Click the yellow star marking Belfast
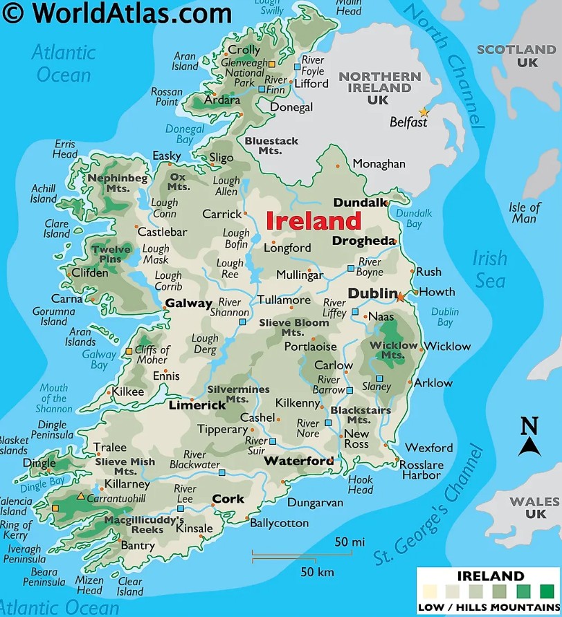[x=424, y=113]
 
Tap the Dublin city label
[x=372, y=293]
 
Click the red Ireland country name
[x=314, y=221]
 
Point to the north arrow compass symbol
[x=529, y=437]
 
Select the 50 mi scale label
[x=350, y=542]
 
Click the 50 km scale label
[x=317, y=572]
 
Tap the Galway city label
[x=188, y=304]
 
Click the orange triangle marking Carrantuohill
[x=81, y=497]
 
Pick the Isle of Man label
[x=524, y=213]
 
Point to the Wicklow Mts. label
[x=393, y=350]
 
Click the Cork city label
[x=228, y=499]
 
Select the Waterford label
[x=298, y=461]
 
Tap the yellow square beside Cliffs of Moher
[x=129, y=351]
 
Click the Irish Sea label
[x=489, y=269]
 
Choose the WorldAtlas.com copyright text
[x=118, y=12]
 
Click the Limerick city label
[x=197, y=405]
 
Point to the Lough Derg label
[x=205, y=344]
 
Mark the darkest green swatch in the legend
[x=547, y=591]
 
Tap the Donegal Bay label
[x=184, y=133]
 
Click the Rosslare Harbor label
[x=421, y=470]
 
